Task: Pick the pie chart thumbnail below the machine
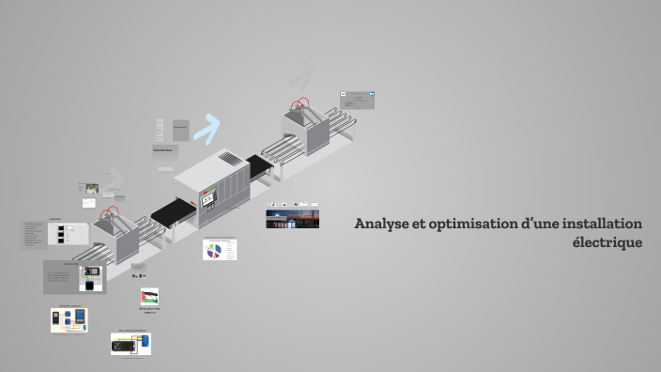click(219, 250)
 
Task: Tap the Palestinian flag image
click(149, 297)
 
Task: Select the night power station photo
click(292, 219)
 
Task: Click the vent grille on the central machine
click(232, 159)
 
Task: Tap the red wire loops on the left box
click(111, 213)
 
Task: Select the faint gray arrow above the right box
click(300, 75)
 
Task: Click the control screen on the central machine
click(210, 195)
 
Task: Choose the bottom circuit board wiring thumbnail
click(131, 345)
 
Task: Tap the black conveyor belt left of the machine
click(168, 213)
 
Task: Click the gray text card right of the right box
click(358, 99)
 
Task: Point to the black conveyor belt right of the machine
click(258, 165)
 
